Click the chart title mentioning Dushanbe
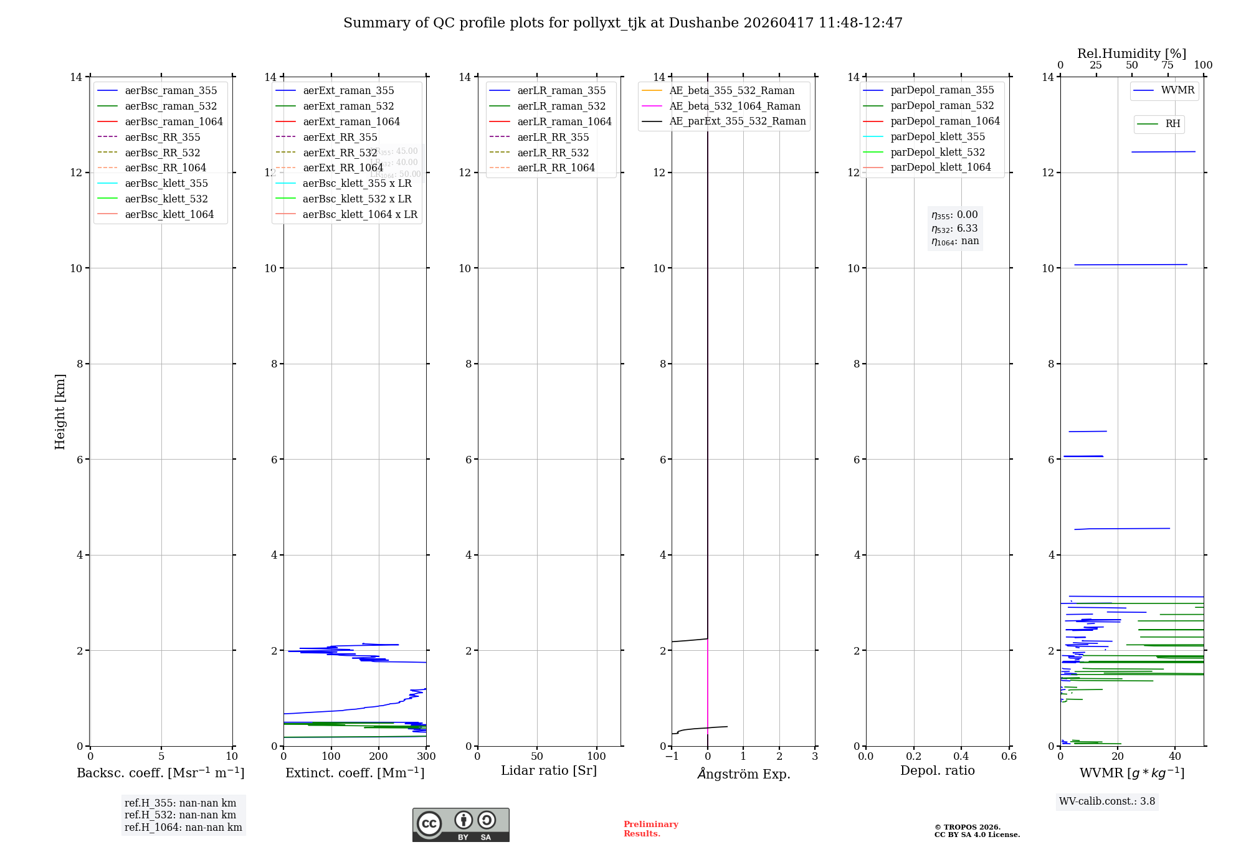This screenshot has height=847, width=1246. pos(622,23)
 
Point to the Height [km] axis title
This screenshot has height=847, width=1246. pos(60,411)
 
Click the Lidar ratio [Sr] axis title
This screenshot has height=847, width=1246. pos(549,770)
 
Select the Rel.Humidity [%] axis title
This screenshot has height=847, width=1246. pos(1131,54)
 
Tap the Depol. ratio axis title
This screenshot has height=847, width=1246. pos(937,770)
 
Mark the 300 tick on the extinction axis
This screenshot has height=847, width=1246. pos(427,757)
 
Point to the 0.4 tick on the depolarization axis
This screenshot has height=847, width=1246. pos(961,757)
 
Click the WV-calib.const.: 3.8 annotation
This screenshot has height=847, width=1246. pos(1107,802)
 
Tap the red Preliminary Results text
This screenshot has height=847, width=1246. pos(650,829)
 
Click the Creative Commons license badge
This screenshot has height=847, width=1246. pos(460,825)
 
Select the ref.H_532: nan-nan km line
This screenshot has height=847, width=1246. pos(180,815)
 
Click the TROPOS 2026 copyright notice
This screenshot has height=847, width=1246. pos(976,831)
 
